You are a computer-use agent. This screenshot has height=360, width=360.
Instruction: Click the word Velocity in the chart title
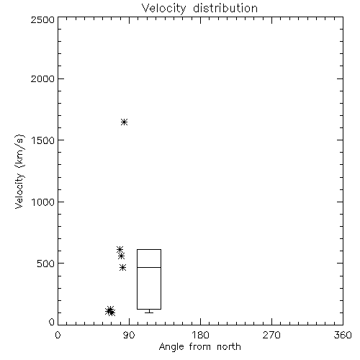(x=164, y=9)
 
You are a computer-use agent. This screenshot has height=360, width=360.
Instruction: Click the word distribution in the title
(x=225, y=8)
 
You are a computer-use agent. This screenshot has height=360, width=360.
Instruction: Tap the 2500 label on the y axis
(x=42, y=19)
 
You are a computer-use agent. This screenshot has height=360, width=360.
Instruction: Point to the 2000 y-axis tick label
(x=42, y=78)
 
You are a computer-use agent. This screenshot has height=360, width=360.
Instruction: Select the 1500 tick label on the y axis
(x=43, y=140)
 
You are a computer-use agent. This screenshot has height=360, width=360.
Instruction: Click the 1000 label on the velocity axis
(x=43, y=202)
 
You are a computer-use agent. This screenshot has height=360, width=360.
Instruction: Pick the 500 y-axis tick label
(x=46, y=264)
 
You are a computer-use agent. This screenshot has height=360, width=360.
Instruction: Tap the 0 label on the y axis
(x=52, y=322)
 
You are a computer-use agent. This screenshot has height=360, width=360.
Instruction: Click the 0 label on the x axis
(x=58, y=335)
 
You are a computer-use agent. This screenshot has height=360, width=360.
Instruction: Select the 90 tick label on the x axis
(x=129, y=335)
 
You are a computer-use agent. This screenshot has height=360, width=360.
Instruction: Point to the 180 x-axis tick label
(x=200, y=335)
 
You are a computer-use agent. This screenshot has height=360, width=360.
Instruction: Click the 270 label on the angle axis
(x=271, y=335)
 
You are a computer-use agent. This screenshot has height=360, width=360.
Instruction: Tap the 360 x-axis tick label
(x=343, y=335)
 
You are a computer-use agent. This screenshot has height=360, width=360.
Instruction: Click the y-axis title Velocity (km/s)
(x=19, y=171)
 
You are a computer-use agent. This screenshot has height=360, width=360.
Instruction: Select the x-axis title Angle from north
(x=200, y=347)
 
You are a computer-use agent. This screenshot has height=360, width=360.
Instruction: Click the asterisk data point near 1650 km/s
(x=124, y=122)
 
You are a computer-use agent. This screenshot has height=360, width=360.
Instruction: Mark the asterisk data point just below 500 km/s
(x=122, y=267)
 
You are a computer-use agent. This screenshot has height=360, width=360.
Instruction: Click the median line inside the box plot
(x=149, y=267)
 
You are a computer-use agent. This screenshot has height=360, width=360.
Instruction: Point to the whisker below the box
(x=149, y=311)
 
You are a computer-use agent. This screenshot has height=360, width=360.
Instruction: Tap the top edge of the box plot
(x=149, y=250)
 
